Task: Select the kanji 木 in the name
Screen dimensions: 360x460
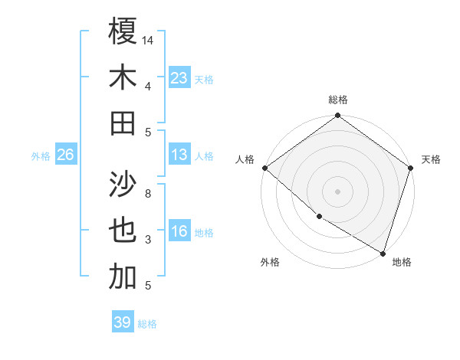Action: (123, 77)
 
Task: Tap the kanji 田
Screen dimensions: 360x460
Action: (123, 123)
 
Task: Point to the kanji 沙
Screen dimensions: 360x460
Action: (123, 185)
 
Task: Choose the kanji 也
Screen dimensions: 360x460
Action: (123, 231)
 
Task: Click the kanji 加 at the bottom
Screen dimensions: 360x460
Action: (123, 278)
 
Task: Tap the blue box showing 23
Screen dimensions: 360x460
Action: (179, 77)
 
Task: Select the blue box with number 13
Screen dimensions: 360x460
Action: (179, 155)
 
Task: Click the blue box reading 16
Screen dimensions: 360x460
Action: (179, 231)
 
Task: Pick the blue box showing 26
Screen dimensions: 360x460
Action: (65, 155)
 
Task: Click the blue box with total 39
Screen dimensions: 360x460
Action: (123, 322)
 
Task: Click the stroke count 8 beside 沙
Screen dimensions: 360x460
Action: (148, 194)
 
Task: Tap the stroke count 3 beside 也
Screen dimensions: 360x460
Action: (148, 241)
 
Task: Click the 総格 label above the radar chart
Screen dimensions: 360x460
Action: (338, 100)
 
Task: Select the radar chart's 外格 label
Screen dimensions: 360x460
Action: (270, 262)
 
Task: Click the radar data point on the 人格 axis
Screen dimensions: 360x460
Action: (264, 168)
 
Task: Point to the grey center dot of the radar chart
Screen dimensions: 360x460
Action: (337, 191)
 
